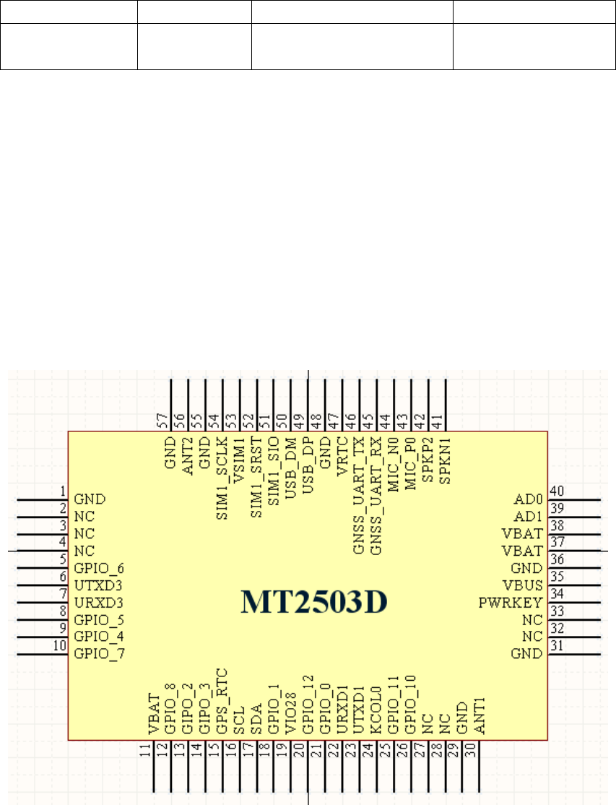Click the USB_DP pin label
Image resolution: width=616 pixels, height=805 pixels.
[308, 468]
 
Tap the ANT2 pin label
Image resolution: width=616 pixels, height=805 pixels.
[187, 455]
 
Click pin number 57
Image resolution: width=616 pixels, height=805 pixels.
[162, 420]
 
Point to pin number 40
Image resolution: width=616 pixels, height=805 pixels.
[556, 491]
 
